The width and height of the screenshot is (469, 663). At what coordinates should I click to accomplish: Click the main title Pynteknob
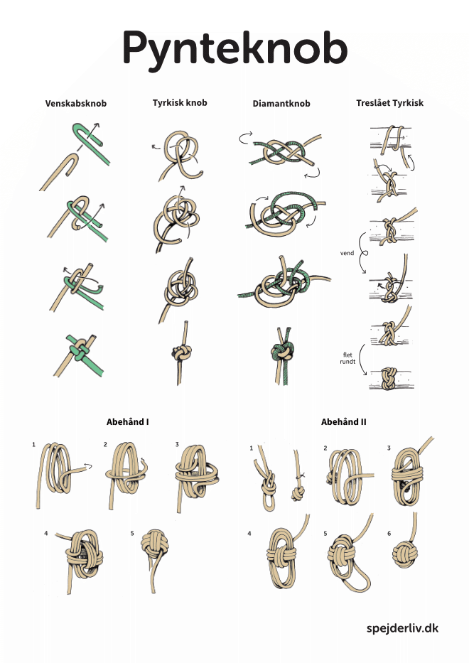pos(234,48)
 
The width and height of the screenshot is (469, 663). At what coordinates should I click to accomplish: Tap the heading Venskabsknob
pos(76,104)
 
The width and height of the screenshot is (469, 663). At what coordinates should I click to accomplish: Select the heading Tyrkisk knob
pos(180,103)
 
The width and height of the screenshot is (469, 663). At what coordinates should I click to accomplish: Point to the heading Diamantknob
pos(281,104)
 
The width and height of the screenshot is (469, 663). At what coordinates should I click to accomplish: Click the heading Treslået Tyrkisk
pos(389,103)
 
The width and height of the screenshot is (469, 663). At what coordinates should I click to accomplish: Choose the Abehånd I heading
pos(127,421)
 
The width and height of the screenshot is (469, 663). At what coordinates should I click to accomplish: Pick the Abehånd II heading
pos(343,421)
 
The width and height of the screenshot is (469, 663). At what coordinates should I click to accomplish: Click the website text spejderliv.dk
pos(402,628)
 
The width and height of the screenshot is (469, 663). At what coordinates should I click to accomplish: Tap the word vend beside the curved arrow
pos(347,253)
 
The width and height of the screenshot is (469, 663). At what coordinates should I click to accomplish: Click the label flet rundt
pos(347,359)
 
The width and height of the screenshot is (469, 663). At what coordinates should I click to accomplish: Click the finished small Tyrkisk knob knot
pos(182,351)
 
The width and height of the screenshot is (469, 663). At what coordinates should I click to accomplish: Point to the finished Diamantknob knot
pos(282,351)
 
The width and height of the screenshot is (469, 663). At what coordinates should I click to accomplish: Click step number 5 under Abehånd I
pos(132,533)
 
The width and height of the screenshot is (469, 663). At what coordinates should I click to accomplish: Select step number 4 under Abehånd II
pos(249,534)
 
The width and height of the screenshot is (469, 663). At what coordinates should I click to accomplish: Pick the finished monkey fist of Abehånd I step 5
pos(155,545)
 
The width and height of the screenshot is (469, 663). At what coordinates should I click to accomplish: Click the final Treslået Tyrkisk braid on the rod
pos(389,379)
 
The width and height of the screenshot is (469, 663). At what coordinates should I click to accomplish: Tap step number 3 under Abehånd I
pos(177,444)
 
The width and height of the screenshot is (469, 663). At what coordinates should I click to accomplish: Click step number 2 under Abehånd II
pos(325,448)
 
